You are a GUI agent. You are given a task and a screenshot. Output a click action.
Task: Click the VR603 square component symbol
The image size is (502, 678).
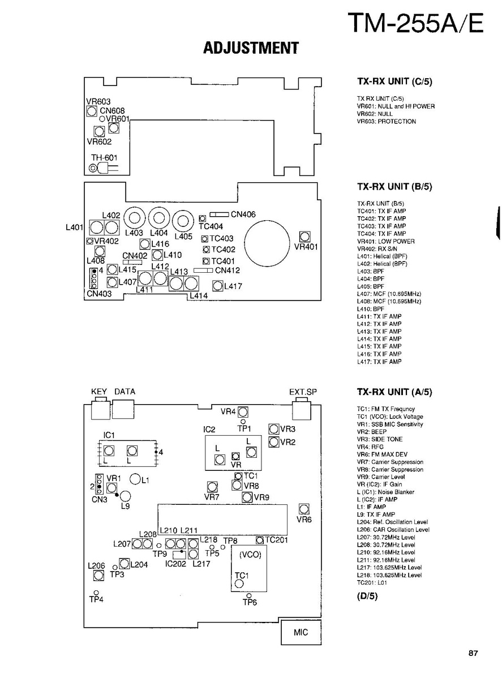tap(92, 111)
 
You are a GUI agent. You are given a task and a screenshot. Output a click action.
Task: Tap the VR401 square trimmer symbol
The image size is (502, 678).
tap(305, 236)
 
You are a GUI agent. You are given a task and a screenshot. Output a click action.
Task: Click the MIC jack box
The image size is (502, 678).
tap(301, 632)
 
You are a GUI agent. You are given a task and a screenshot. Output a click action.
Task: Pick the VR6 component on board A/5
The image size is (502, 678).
tap(304, 509)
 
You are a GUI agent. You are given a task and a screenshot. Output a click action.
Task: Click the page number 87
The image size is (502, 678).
tap(473, 654)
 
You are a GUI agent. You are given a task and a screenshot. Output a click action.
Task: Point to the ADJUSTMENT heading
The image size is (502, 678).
tap(251, 49)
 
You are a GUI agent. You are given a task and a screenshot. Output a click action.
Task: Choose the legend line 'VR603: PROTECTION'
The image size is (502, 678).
tap(386, 122)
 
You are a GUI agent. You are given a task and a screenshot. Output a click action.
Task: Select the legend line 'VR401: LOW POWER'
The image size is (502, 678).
tap(385, 242)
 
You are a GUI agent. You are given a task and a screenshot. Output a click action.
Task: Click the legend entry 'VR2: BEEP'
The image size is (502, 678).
tap(372, 432)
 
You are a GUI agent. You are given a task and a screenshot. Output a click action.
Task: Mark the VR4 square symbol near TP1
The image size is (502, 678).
tap(243, 412)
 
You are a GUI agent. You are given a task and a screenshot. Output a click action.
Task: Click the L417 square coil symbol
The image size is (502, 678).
tap(218, 286)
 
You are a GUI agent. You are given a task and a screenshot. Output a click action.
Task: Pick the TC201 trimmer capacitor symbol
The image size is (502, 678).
tap(260, 540)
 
